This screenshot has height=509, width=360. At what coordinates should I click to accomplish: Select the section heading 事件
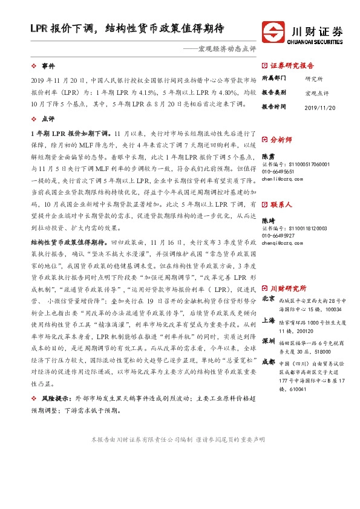(x=43, y=65)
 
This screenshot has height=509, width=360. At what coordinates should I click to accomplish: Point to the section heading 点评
(x=43, y=119)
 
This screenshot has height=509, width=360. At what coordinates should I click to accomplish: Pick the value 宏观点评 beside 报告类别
(x=316, y=92)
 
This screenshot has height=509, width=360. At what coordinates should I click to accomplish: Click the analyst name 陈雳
(x=269, y=156)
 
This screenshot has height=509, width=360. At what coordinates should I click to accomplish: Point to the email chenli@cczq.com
(x=281, y=179)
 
